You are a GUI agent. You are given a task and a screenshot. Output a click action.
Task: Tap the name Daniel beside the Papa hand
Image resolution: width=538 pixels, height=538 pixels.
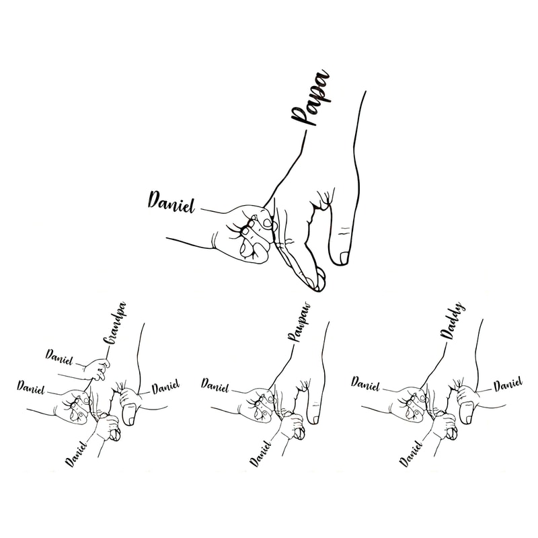point(171,200)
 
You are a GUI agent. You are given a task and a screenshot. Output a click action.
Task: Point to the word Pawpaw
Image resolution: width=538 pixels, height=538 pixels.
point(302,323)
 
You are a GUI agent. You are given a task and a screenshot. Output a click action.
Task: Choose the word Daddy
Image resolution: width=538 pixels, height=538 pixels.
point(455,321)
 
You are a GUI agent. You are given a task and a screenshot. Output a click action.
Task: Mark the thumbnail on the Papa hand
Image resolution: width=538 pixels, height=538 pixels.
point(344,258)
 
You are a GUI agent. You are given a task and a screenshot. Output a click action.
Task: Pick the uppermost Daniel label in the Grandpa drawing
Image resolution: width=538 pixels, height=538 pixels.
point(59,354)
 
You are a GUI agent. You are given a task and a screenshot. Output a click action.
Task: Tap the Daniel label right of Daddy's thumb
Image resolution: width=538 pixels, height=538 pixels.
point(508,385)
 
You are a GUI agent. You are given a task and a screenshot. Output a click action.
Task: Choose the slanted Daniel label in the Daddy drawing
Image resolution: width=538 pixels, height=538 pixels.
point(411,451)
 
